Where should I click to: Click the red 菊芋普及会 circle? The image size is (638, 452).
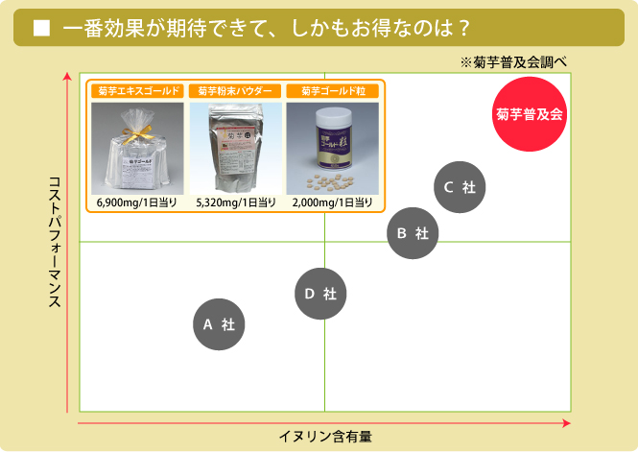[x=530, y=113]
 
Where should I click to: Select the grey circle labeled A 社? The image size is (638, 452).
[x=219, y=324]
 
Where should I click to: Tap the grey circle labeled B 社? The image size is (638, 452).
[x=413, y=232]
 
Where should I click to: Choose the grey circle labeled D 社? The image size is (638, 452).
[x=320, y=294]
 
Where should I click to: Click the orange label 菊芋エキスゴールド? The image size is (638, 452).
[x=137, y=91]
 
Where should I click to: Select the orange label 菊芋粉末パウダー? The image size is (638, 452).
[x=236, y=91]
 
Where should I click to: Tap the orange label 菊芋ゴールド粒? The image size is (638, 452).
[x=333, y=91]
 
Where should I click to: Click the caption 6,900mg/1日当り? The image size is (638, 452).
[x=137, y=202]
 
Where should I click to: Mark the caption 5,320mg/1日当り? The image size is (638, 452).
[x=236, y=202]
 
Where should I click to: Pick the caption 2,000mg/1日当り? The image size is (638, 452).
[x=333, y=202]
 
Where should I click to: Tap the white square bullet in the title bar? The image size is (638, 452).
[x=41, y=29]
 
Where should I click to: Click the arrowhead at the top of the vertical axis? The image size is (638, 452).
[x=66, y=77]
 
